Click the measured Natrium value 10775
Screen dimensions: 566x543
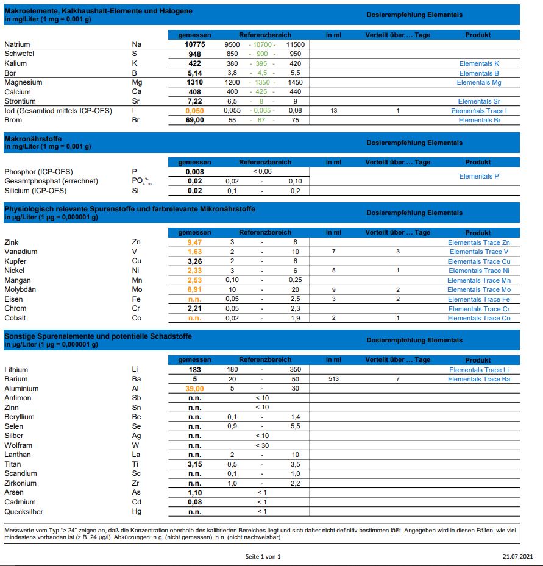pos(194,44)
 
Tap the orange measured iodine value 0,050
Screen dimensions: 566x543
pos(194,111)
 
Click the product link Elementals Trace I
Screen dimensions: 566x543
pos(478,111)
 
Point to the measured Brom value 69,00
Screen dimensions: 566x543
pos(194,120)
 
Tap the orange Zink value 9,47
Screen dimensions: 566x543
pos(194,242)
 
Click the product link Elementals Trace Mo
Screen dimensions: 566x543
pos(479,289)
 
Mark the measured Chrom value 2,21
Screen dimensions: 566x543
pos(194,308)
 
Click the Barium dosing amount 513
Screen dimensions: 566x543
pos(333,379)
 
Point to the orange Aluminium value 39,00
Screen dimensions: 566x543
pos(194,389)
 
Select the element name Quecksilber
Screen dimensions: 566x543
pos(24,512)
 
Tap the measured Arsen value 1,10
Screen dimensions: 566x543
pos(194,493)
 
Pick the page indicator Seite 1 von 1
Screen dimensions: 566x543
pos(263,556)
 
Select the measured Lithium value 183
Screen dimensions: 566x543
pos(194,370)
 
